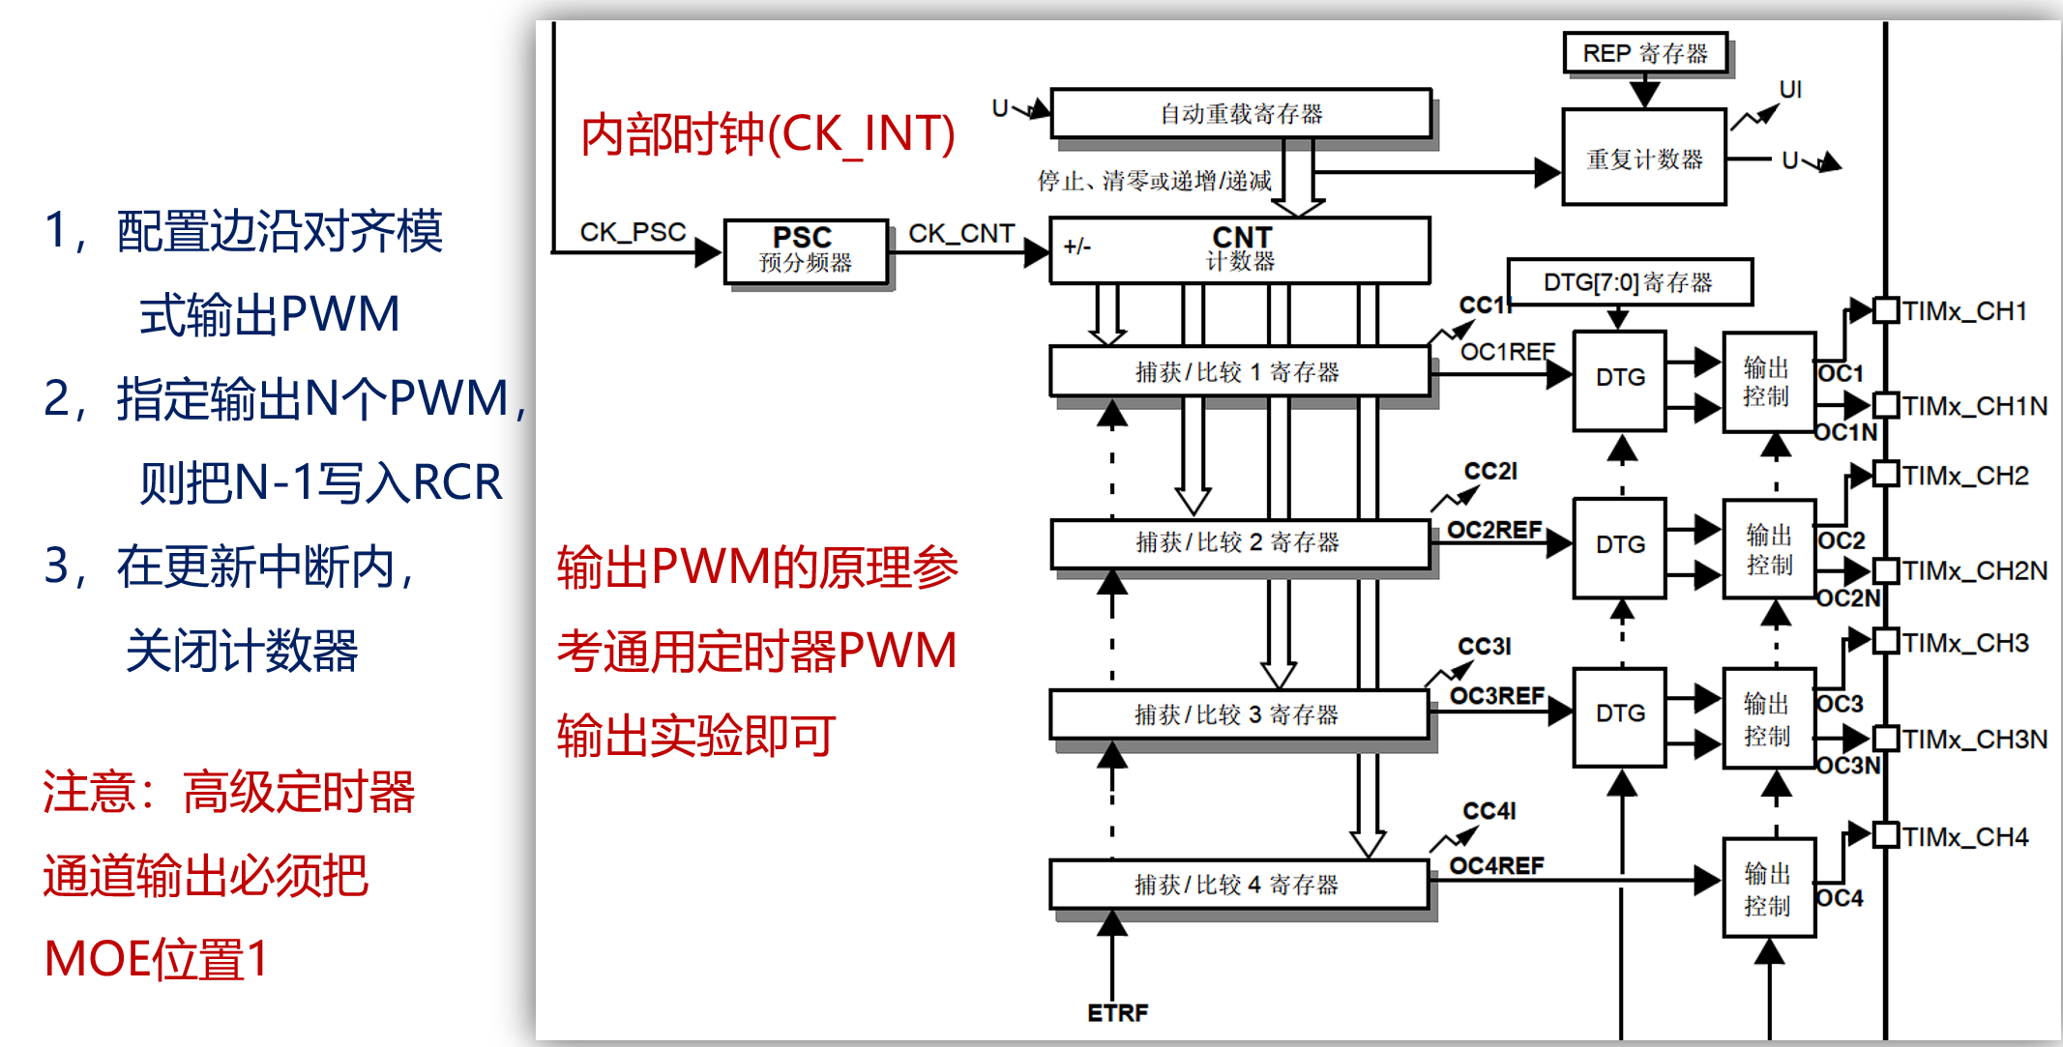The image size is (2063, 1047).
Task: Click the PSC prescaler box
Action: [x=806, y=251]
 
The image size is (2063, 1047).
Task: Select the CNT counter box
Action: [x=1239, y=249]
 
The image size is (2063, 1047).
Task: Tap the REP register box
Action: [x=1644, y=53]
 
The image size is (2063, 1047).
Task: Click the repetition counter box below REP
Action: [x=1644, y=158]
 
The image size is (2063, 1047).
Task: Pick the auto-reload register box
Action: [x=1241, y=114]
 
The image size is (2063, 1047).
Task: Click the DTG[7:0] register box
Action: [x=1630, y=282]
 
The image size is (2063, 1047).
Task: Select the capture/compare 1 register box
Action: [x=1239, y=372]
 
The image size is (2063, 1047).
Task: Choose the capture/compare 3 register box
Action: [x=1239, y=714]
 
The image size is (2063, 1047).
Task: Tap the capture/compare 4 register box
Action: [x=1239, y=885]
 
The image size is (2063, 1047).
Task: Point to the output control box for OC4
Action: [x=1769, y=887]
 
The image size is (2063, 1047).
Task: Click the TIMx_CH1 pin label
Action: [x=1964, y=311]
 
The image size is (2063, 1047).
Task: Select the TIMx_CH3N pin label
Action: [x=1975, y=740]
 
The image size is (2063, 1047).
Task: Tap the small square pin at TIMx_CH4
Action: [x=1886, y=835]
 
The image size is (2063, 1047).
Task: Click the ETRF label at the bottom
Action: [x=1117, y=1013]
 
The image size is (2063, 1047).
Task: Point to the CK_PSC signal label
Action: [x=633, y=232]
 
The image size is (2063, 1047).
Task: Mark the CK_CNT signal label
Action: [x=961, y=233]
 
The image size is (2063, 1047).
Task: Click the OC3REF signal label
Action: [x=1497, y=696]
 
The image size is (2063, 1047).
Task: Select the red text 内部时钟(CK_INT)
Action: [x=768, y=133]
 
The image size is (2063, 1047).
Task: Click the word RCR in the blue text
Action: [x=457, y=481]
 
